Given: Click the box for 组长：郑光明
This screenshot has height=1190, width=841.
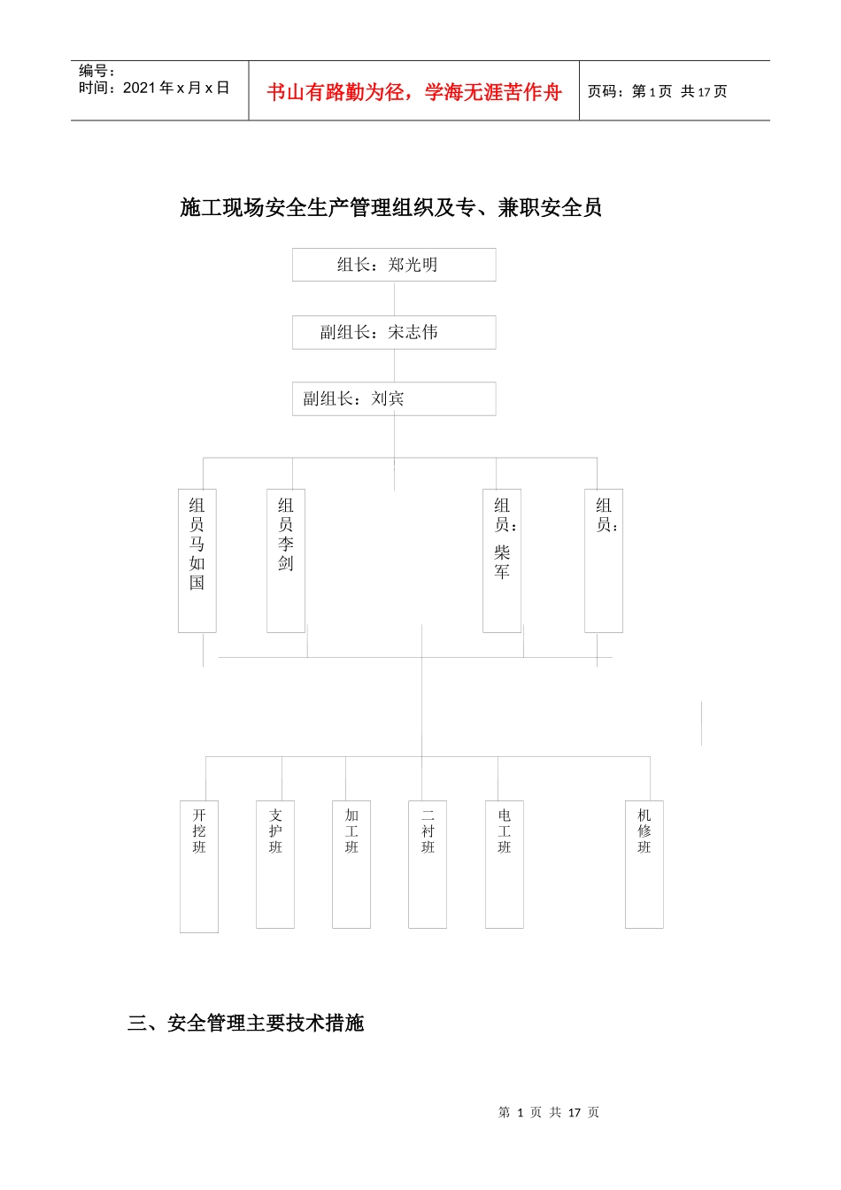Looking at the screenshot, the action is click(x=394, y=265).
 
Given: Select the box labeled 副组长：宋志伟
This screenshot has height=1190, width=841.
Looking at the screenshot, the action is click(x=394, y=332).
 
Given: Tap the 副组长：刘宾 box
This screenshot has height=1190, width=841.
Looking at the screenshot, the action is click(x=394, y=398).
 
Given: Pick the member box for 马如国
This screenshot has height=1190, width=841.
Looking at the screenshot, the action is click(x=197, y=560).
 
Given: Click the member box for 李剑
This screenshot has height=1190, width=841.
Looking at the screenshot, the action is click(x=286, y=560).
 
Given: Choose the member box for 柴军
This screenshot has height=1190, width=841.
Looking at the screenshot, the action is click(x=502, y=560).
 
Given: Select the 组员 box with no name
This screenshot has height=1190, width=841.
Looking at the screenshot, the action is click(x=604, y=560).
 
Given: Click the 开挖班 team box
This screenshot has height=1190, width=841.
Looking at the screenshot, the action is click(x=199, y=866).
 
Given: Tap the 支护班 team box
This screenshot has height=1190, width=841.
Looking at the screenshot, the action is click(x=275, y=864).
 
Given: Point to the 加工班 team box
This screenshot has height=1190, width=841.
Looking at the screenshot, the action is click(x=351, y=864).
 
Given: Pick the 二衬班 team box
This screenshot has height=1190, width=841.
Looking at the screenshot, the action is click(x=428, y=864).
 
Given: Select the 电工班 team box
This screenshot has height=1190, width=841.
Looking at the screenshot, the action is click(x=505, y=864).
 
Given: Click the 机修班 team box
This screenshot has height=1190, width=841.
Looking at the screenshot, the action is click(x=644, y=864).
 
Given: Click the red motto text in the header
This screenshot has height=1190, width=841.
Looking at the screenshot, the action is click(x=414, y=92).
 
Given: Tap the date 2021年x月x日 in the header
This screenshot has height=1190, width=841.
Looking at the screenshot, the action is click(x=154, y=88).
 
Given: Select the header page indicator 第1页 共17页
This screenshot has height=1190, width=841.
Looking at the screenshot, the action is click(x=658, y=92).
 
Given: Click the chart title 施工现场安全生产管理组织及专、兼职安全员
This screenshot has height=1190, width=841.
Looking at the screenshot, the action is click(x=391, y=208).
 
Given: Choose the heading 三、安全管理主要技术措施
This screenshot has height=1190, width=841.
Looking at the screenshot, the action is click(x=246, y=1024).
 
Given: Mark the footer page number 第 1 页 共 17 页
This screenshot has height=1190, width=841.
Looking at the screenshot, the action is click(x=549, y=1112).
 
